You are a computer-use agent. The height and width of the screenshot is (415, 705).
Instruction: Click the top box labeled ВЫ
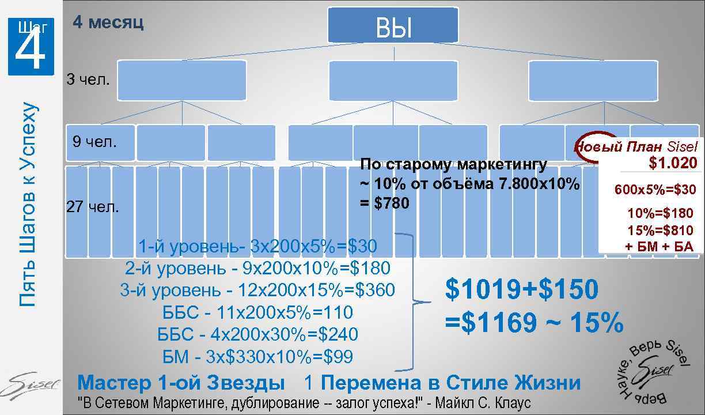tap(393, 26)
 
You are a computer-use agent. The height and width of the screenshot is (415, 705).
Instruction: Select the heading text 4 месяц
tap(108, 22)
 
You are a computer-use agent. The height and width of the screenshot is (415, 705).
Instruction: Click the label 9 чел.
tap(94, 141)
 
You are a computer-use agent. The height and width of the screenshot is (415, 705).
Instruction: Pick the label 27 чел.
tap(93, 207)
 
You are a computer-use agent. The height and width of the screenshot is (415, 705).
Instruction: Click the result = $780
tap(384, 203)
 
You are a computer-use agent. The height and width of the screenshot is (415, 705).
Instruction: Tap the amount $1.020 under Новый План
tap(672, 163)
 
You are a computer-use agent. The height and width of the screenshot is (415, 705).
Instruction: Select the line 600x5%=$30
tap(655, 189)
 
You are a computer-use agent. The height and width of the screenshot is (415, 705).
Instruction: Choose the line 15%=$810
tap(660, 231)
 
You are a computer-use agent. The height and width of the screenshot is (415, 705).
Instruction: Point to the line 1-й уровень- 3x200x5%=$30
tap(257, 247)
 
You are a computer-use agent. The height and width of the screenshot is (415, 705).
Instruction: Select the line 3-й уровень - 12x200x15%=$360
tap(257, 290)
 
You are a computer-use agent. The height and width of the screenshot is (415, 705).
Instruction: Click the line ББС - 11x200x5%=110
tap(257, 312)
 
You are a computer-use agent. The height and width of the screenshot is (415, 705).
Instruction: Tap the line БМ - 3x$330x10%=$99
tap(257, 357)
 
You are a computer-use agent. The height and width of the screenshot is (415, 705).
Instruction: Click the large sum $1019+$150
tap(522, 289)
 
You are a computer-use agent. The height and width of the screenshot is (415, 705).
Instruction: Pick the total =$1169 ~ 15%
tap(534, 323)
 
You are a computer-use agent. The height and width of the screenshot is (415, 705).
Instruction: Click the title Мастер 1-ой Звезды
tap(181, 383)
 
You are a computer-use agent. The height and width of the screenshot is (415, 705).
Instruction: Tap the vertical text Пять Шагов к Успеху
tap(28, 204)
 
